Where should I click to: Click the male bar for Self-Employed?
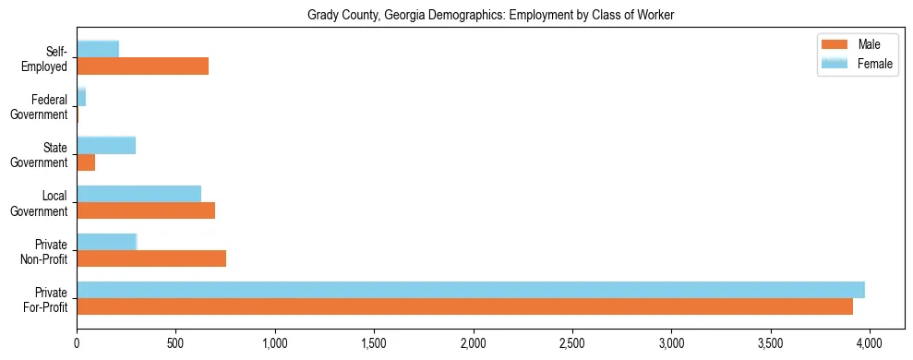tap(142, 66)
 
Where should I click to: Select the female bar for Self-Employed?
tap(98, 49)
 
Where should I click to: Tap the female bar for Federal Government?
tap(81, 97)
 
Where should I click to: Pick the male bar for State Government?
tap(86, 162)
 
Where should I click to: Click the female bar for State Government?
tap(106, 145)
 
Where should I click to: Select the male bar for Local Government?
tap(146, 210)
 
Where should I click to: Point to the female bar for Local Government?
tap(138, 193)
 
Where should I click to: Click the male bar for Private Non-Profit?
tap(151, 258)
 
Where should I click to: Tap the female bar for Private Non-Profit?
tap(107, 242)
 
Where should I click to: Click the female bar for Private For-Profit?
tap(471, 290)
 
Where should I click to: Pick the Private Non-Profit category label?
tap(45, 251)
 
